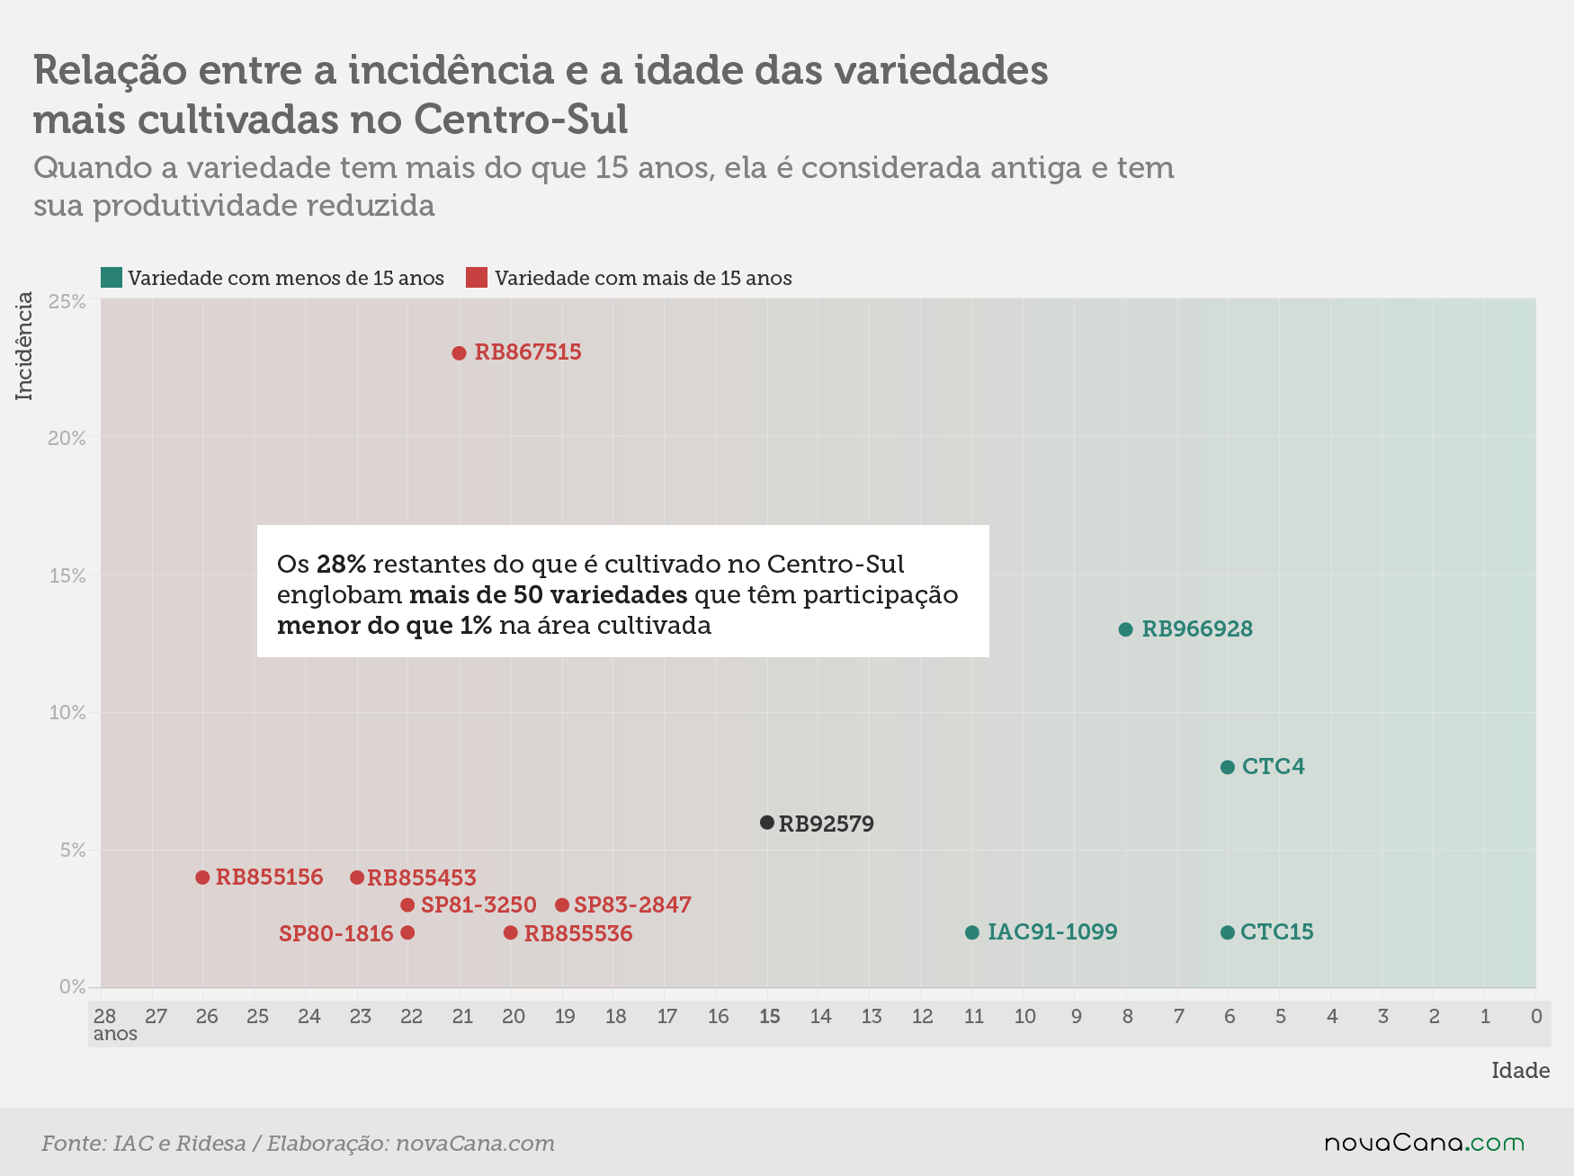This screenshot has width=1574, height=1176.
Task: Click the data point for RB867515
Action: (x=459, y=353)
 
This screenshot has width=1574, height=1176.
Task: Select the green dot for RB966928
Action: (x=1125, y=629)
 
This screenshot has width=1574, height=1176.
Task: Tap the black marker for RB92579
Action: (x=767, y=823)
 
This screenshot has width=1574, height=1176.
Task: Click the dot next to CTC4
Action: (x=1228, y=767)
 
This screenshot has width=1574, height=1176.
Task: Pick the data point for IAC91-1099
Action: (x=972, y=932)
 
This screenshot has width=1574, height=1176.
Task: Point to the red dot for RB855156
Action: (x=202, y=878)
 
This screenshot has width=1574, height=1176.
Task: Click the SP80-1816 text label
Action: (x=336, y=933)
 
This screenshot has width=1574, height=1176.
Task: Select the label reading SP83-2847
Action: (x=632, y=904)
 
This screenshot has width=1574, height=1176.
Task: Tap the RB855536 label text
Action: (x=578, y=933)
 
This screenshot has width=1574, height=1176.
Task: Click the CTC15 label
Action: (x=1277, y=931)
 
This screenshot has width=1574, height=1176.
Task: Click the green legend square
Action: (x=112, y=277)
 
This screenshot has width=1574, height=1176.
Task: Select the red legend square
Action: (x=477, y=277)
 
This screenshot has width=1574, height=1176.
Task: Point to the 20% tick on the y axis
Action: (x=67, y=438)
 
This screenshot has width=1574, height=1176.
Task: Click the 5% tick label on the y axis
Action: (x=73, y=850)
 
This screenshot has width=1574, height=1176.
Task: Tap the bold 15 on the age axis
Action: (x=770, y=1016)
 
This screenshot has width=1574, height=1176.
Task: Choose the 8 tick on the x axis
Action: (x=1127, y=1016)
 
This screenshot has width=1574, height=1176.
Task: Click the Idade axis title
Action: (x=1521, y=1070)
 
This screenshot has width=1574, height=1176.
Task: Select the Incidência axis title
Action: (x=24, y=346)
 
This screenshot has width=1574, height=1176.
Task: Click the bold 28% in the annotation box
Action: (x=341, y=564)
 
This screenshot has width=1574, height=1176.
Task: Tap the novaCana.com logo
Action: (x=1425, y=1143)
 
